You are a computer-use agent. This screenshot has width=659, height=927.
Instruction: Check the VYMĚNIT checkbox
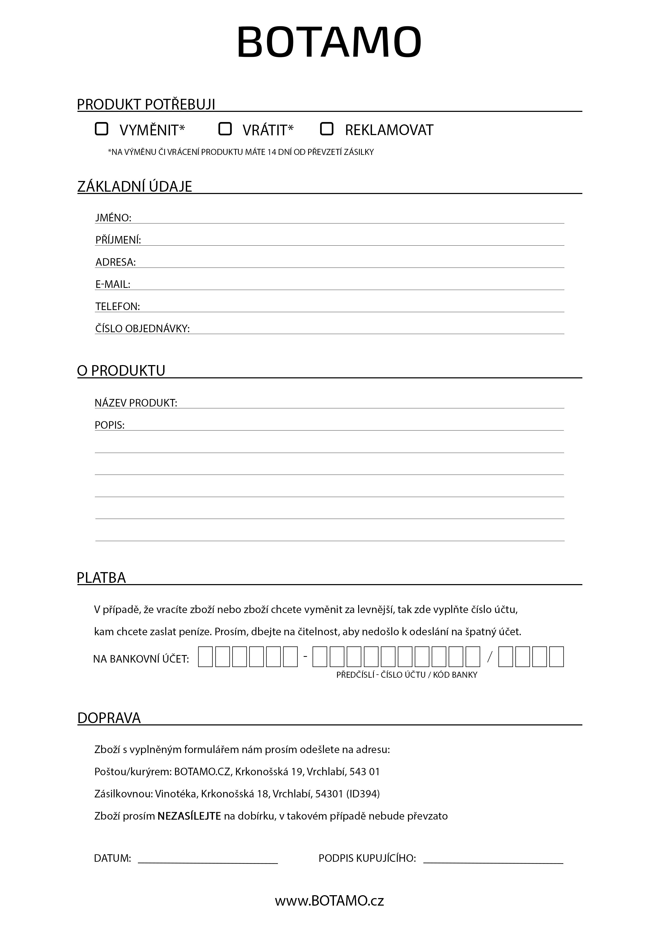pyautogui.click(x=101, y=129)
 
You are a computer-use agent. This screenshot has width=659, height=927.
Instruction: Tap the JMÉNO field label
pyautogui.click(x=113, y=218)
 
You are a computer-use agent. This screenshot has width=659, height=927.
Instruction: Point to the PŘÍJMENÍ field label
pyautogui.click(x=118, y=240)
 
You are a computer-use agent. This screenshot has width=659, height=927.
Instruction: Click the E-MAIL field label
pyautogui.click(x=113, y=284)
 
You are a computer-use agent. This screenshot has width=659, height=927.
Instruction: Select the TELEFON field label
pyautogui.click(x=118, y=306)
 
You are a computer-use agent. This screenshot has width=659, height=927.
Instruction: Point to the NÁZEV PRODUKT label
pyautogui.click(x=136, y=403)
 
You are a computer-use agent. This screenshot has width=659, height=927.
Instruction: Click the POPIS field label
pyautogui.click(x=109, y=425)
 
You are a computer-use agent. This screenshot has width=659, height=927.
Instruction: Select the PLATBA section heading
pyautogui.click(x=101, y=578)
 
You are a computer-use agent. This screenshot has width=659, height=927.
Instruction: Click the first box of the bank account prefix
pyautogui.click(x=205, y=657)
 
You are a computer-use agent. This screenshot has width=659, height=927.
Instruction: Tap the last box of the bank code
pyautogui.click(x=556, y=657)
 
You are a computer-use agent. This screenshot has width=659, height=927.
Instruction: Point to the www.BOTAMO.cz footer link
pyautogui.click(x=329, y=901)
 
